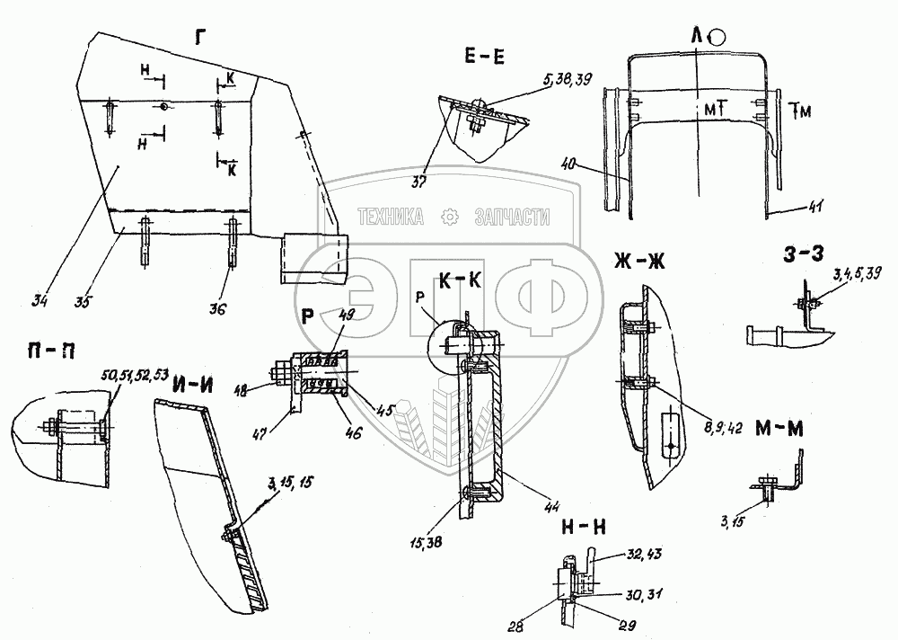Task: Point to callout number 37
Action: click(419, 184)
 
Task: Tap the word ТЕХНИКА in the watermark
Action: click(392, 217)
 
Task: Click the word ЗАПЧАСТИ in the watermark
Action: click(511, 217)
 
